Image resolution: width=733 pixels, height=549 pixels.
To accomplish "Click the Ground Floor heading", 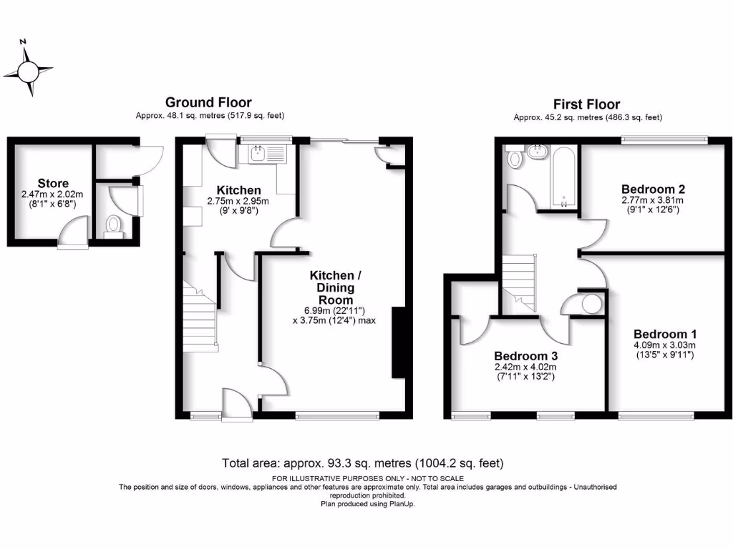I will pyautogui.click(x=208, y=103).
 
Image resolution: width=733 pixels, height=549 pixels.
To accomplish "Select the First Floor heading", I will pyautogui.click(x=586, y=104).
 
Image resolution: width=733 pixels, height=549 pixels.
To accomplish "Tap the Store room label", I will pyautogui.click(x=54, y=184).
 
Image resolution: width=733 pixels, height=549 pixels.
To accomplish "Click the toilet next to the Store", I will pyautogui.click(x=113, y=224).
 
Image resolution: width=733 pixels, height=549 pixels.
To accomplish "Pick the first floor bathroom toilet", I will pyautogui.click(x=513, y=158).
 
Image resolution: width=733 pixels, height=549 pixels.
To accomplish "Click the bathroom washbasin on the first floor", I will pyautogui.click(x=535, y=152).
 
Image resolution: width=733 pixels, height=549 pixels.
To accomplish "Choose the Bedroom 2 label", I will pyautogui.click(x=653, y=189).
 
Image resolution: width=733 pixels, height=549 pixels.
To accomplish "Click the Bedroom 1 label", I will pyautogui.click(x=665, y=334).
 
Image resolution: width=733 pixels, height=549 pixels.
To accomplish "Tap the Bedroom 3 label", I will pyautogui.click(x=526, y=355).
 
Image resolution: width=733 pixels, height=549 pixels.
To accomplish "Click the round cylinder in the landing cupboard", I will pyautogui.click(x=591, y=304).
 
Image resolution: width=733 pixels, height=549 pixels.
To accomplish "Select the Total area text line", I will pyautogui.click(x=366, y=463).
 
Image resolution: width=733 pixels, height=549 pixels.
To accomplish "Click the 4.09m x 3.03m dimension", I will pyautogui.click(x=664, y=345).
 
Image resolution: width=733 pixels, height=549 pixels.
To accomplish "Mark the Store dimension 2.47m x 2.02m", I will pyautogui.click(x=54, y=194).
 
